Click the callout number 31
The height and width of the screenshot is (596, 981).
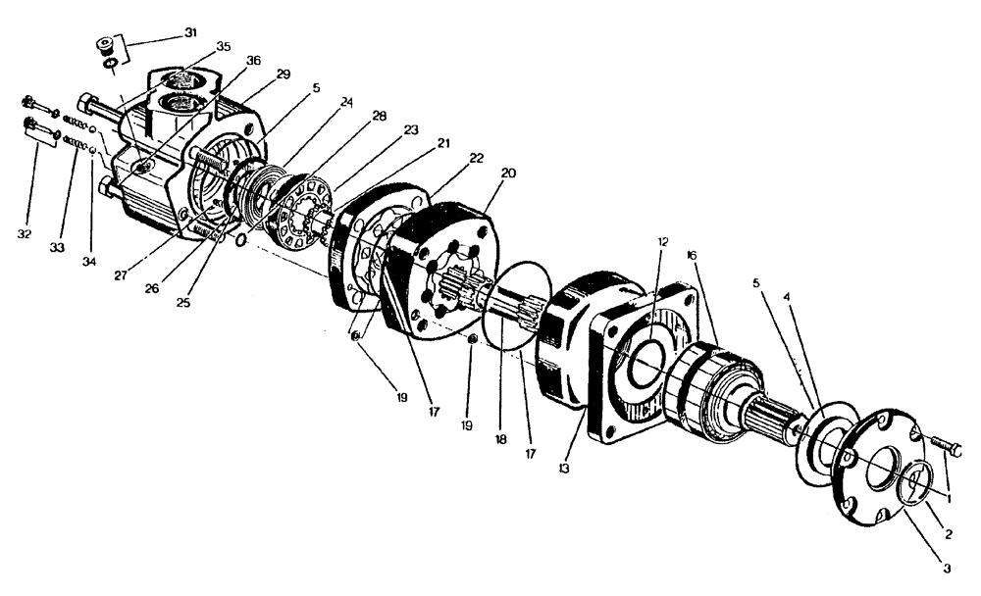click(190, 32)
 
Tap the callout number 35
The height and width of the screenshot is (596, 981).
click(224, 46)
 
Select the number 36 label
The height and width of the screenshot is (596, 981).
click(253, 60)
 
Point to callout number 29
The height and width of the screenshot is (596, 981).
click(284, 74)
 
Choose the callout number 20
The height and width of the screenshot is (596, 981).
click(508, 173)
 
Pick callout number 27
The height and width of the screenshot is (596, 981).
click(121, 277)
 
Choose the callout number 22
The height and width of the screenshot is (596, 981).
click(477, 158)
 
